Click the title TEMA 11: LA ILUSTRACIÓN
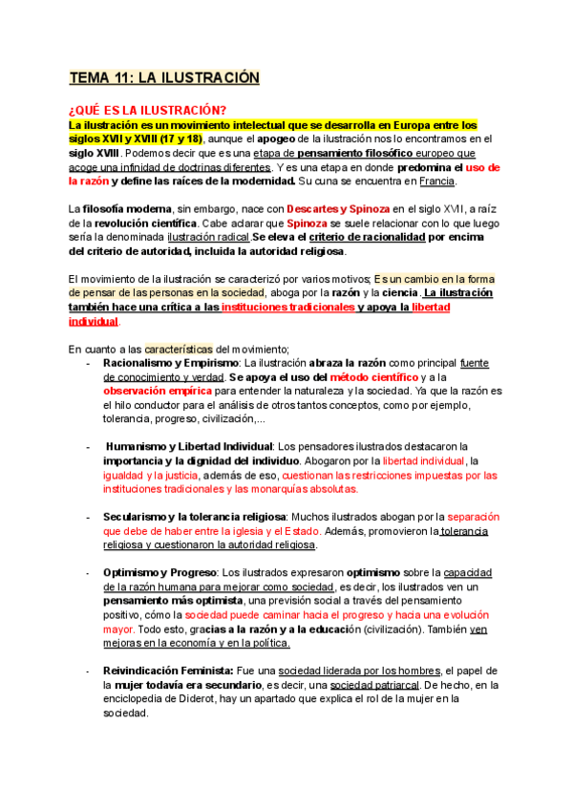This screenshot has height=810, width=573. (163, 77)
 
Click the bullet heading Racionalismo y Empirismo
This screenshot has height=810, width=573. (171, 363)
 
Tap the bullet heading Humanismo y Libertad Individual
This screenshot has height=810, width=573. (190, 446)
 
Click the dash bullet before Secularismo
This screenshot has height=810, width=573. (89, 517)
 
